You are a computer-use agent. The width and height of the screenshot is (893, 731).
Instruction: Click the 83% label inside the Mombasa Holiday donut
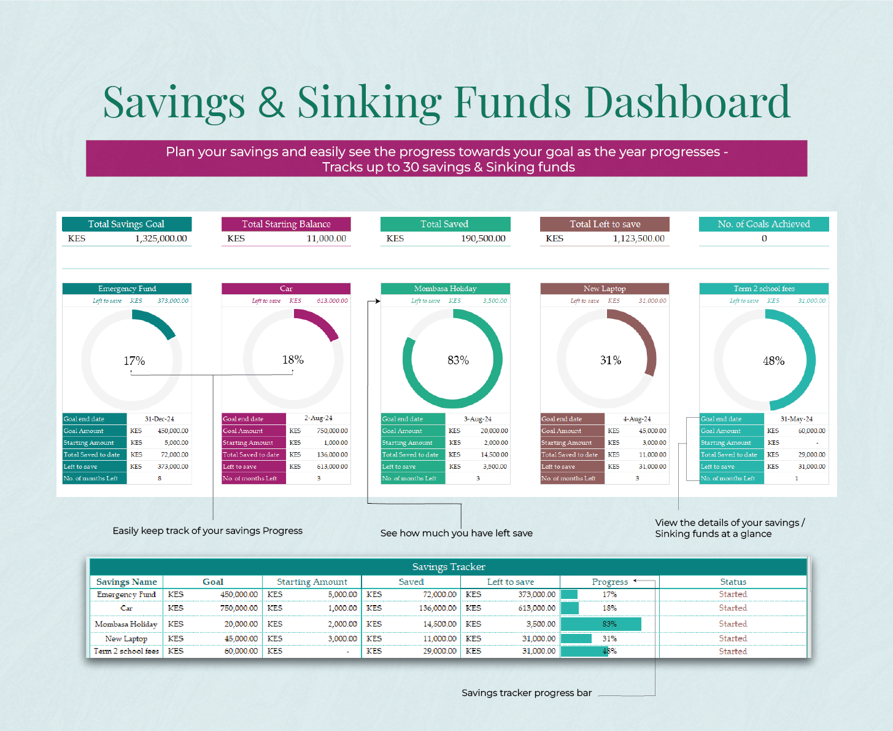[458, 361]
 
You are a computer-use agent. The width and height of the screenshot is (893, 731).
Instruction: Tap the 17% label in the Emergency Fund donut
[134, 361]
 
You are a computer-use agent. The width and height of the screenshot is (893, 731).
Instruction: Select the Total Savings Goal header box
[126, 224]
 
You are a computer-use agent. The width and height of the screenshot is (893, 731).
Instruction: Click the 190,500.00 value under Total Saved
[483, 239]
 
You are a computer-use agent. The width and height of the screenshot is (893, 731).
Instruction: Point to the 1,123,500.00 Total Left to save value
[638, 239]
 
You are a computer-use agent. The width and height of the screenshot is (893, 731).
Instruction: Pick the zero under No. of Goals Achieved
[764, 239]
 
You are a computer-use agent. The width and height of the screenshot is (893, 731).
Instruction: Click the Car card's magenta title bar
[286, 289]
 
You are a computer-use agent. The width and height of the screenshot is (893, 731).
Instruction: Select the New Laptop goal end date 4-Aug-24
[637, 419]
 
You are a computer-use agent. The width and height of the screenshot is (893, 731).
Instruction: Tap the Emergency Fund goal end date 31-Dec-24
[160, 419]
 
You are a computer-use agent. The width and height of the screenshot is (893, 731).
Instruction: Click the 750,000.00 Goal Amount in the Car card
[332, 431]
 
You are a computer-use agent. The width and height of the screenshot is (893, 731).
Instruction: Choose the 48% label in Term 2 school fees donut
[773, 361]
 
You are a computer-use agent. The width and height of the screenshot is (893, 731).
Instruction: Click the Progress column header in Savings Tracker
[609, 582]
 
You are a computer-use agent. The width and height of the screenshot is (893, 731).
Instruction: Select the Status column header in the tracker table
[733, 582]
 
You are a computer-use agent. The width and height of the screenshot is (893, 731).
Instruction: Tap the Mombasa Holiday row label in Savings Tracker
[126, 624]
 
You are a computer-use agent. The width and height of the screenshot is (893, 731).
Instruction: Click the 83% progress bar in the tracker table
[601, 624]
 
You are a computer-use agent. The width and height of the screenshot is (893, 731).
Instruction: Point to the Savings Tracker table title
[449, 567]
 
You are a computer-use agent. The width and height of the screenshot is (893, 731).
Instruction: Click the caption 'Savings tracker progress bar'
[527, 693]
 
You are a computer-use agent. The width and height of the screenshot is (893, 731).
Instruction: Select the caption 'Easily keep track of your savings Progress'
[207, 531]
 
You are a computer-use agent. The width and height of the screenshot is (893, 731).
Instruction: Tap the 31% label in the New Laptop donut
[611, 361]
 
